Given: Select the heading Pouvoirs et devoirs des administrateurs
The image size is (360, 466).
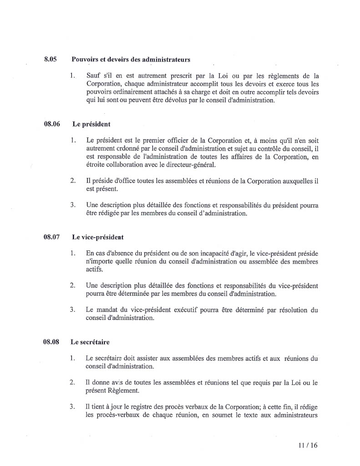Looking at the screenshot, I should [x=131, y=60].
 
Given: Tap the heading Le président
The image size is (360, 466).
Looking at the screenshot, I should [x=91, y=124].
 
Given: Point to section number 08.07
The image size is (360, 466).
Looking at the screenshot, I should [x=52, y=237].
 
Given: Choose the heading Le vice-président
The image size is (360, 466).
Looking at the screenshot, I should [x=98, y=237].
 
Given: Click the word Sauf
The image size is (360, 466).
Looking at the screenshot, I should [x=93, y=76].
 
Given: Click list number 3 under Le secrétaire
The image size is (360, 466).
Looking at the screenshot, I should [x=72, y=406].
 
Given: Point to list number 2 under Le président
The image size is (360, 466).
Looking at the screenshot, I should [x=72, y=181].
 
